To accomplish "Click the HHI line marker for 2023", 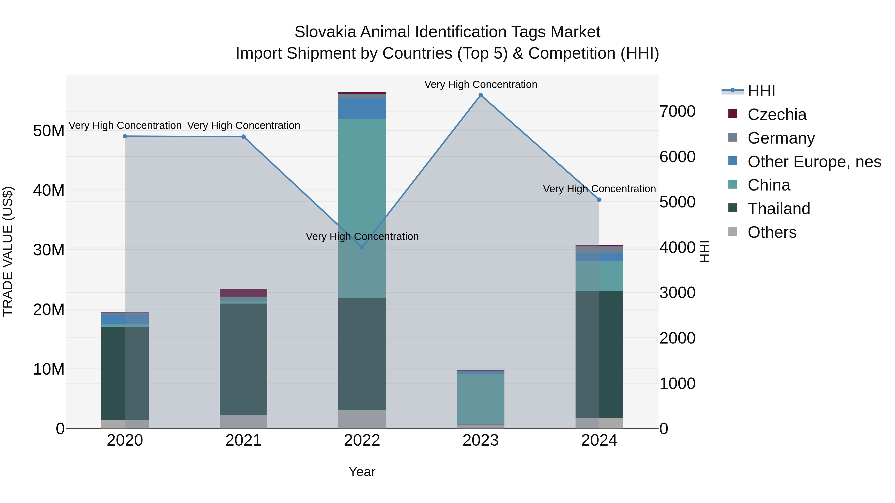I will point(481,95).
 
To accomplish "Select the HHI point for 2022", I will point(362,247).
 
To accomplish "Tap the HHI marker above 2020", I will point(125,136).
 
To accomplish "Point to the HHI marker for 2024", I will point(599,200).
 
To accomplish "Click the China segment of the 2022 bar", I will point(362,208).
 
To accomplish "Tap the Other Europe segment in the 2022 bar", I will point(362,109).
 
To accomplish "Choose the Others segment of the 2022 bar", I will point(362,419).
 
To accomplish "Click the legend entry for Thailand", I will point(779,209).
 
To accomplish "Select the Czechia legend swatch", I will point(732,114).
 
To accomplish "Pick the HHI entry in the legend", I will point(761,91).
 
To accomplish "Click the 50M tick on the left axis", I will point(49,131).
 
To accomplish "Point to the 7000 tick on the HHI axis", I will point(677,112).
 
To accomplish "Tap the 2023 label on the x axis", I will point(481,440).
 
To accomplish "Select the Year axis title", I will point(362,472).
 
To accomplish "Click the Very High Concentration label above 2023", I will point(481,84).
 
